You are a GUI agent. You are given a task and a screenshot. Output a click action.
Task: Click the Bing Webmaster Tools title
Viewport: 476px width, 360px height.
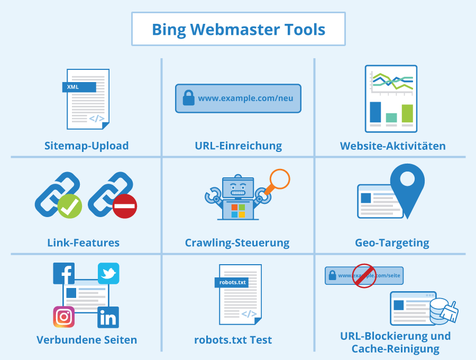point(239,30)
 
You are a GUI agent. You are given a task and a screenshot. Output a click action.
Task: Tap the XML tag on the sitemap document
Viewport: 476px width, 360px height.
point(79,87)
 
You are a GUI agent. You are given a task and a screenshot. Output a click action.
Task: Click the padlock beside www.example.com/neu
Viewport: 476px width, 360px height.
point(188,98)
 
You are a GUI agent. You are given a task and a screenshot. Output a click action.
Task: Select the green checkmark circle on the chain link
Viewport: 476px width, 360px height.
point(70,206)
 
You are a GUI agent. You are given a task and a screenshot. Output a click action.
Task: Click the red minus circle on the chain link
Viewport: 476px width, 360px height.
point(125,206)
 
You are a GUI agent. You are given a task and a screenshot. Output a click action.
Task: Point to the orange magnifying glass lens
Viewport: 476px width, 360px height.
point(280,179)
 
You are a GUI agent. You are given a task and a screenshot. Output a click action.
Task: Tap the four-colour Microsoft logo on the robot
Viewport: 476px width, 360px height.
point(238,211)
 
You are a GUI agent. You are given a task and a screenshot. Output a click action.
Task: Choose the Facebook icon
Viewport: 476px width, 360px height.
point(64,273)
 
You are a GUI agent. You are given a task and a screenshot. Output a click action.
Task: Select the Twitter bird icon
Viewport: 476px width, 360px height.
point(108,273)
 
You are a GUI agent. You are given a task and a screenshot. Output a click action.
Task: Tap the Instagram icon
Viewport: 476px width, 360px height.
point(64,317)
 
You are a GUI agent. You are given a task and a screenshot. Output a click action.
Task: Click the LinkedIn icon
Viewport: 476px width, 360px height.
point(108,317)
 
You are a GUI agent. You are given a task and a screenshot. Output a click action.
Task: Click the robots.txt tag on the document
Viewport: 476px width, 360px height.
point(232,283)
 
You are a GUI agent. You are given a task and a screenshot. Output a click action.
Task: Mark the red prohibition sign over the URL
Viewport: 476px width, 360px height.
point(364,276)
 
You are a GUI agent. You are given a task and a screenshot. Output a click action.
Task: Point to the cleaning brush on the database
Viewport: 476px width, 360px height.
point(450,312)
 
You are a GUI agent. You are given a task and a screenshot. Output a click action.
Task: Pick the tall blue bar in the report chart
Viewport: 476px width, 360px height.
point(376,112)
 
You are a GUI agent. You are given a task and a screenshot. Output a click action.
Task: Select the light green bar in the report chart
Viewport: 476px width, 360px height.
point(407,113)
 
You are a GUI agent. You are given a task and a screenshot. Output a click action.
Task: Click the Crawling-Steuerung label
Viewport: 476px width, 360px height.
point(237,243)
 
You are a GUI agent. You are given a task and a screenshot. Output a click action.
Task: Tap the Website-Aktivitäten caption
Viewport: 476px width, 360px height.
point(393,146)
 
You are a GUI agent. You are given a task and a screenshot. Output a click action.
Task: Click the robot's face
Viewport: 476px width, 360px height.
point(238,188)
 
